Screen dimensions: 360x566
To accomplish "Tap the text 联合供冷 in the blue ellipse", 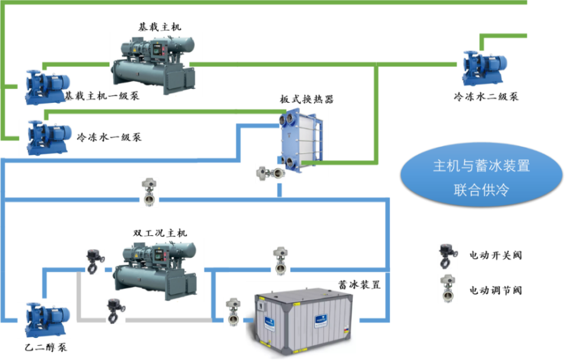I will click(482, 190).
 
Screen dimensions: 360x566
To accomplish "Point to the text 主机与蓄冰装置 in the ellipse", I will click(482, 166).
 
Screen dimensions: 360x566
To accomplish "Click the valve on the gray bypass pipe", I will click(115, 311).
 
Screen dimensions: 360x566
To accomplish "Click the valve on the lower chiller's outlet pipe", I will click(280, 260).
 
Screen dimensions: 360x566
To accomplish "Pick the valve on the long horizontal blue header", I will click(149, 191).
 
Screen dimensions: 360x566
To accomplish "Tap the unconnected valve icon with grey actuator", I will click(448, 288).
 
